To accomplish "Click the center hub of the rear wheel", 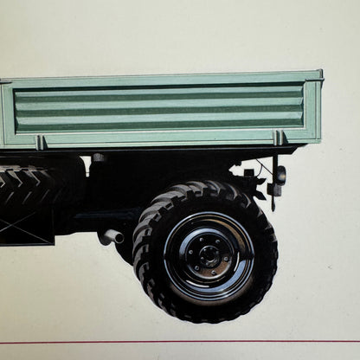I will coord(208,254).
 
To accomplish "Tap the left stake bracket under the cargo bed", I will coord(42,142).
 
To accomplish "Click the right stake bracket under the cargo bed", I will coord(279,138).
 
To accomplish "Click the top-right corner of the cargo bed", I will coord(320,74).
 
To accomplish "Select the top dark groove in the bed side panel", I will coord(160,97).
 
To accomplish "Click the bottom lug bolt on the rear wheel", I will coord(208,267).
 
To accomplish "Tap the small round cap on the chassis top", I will coord(99,158).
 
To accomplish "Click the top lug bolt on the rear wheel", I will coord(208,241).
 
